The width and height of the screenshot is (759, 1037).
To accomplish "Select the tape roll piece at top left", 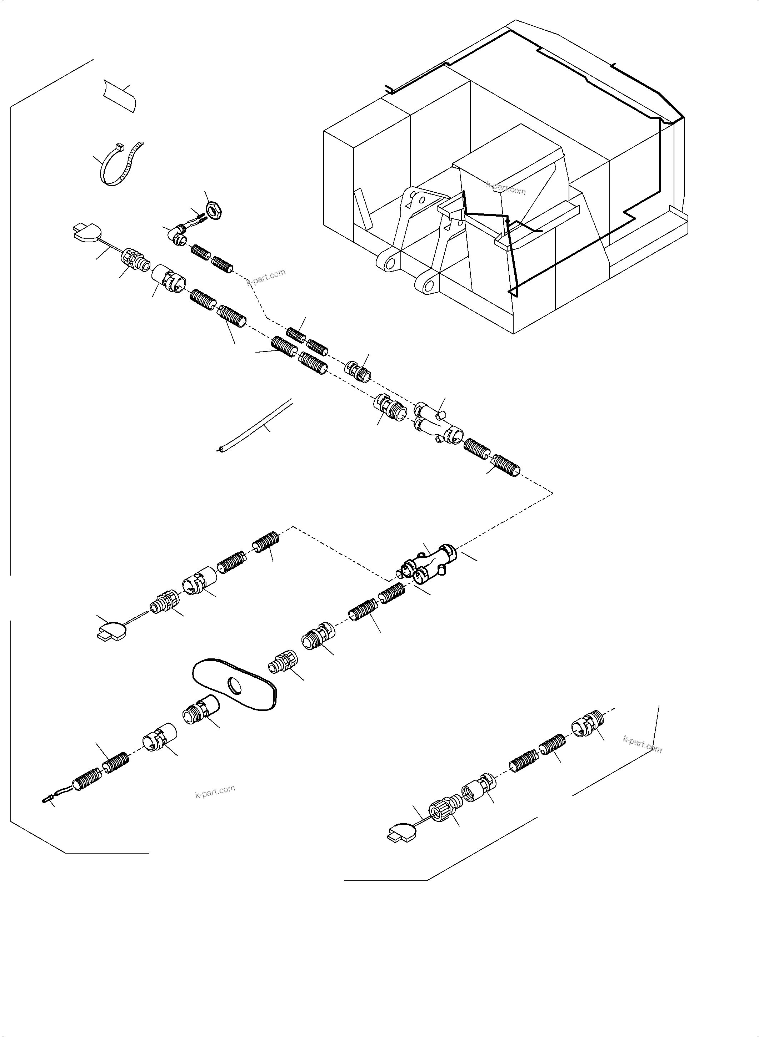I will pyautogui.click(x=119, y=94).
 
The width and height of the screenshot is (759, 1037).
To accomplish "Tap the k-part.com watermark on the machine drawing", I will pyautogui.click(x=506, y=188).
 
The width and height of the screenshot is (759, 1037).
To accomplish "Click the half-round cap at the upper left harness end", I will pyautogui.click(x=86, y=232).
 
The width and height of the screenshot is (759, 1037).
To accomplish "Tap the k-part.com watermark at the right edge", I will pyautogui.click(x=642, y=744).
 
